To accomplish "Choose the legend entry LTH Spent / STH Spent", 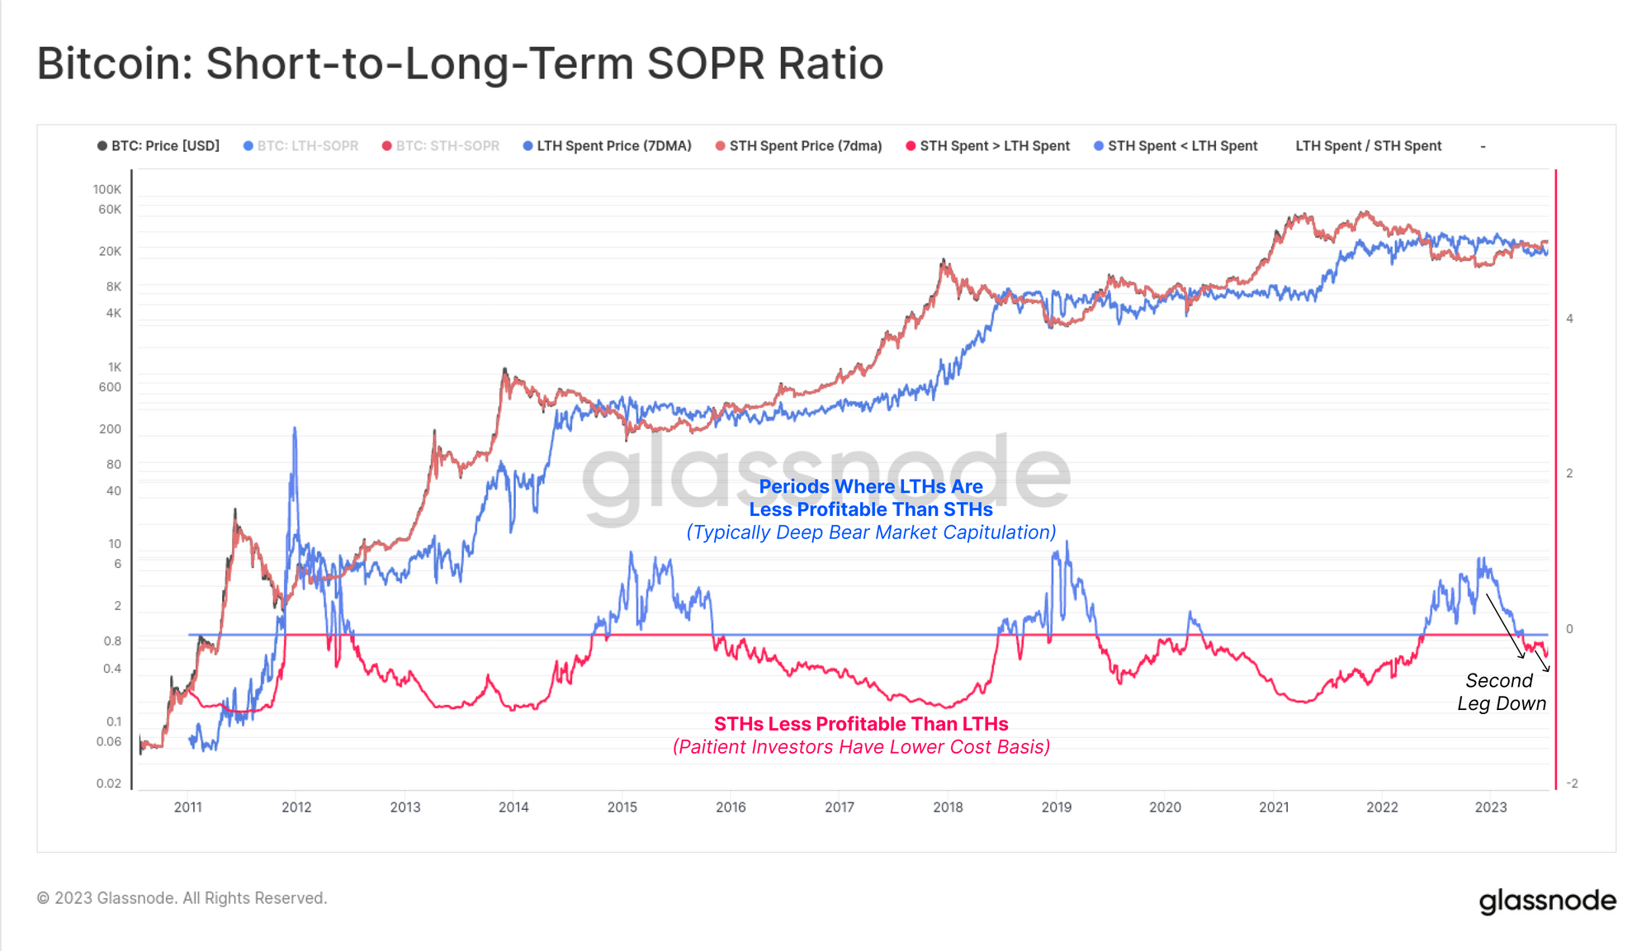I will tap(1368, 146).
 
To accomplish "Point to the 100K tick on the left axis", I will tap(107, 190).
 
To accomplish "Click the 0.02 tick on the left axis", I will tap(108, 783).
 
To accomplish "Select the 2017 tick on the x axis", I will tap(839, 807).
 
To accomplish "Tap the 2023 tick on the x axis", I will tap(1490, 807).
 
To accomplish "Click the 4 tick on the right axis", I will tap(1569, 319).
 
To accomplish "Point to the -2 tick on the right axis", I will tap(1572, 783).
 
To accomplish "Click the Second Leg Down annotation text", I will tap(1500, 692).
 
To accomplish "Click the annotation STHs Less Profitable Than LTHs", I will tap(860, 724).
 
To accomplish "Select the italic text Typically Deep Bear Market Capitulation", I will tap(871, 532).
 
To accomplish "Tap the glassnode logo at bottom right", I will tap(1547, 901).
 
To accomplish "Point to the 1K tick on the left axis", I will tap(114, 367).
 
